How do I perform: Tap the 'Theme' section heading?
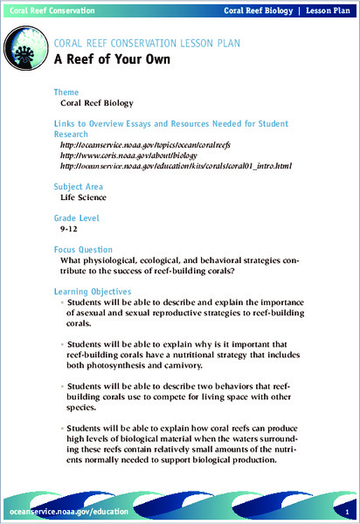66,91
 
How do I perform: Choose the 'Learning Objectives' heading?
93,291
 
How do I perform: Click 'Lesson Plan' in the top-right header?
327,10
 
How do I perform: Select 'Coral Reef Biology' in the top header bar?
256,10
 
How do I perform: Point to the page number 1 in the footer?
347,510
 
